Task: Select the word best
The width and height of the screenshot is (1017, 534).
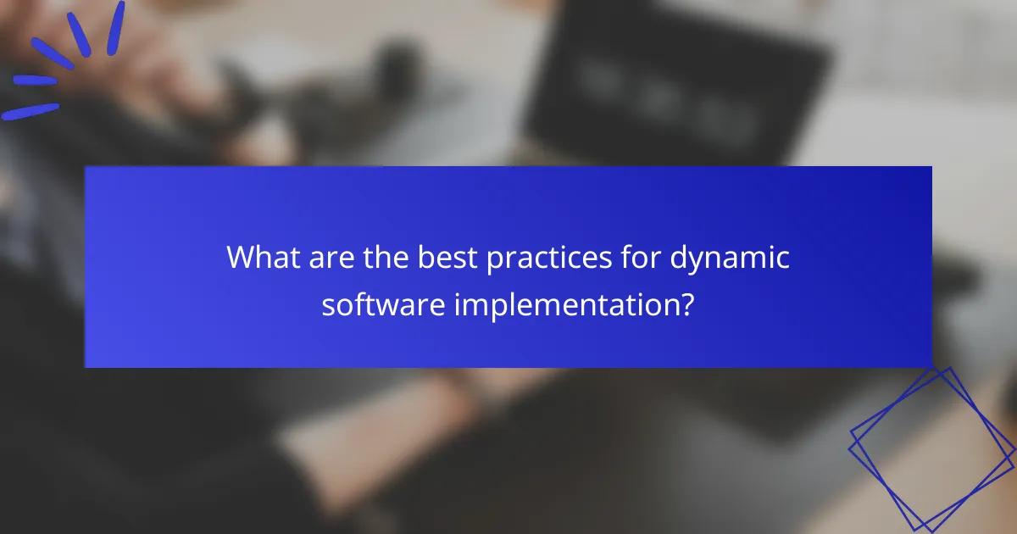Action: pyautogui.click(x=454, y=258)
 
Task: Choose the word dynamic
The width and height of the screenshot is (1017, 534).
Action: pyautogui.click(x=731, y=258)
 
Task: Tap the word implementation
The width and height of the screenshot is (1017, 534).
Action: pyautogui.click(x=565, y=303)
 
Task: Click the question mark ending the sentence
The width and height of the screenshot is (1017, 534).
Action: pyautogui.click(x=688, y=303)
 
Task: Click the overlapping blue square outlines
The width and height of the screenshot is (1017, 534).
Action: pyautogui.click(x=932, y=449)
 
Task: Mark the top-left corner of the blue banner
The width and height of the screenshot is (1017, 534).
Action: pyautogui.click(x=86, y=167)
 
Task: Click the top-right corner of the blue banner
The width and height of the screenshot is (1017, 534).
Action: pyautogui.click(x=931, y=167)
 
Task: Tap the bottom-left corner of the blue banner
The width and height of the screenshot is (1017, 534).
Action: pyautogui.click(x=86, y=366)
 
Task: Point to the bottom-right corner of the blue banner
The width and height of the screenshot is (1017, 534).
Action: pyautogui.click(x=931, y=366)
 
